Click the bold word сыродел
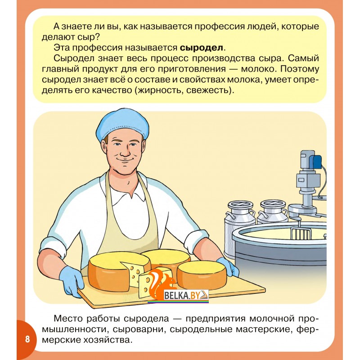pyautogui.click(x=201, y=48)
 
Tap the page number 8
pyautogui.click(x=27, y=339)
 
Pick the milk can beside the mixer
pyautogui.click(x=273, y=212)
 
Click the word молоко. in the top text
pyautogui.click(x=258, y=69)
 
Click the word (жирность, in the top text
pyautogui.click(x=158, y=90)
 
